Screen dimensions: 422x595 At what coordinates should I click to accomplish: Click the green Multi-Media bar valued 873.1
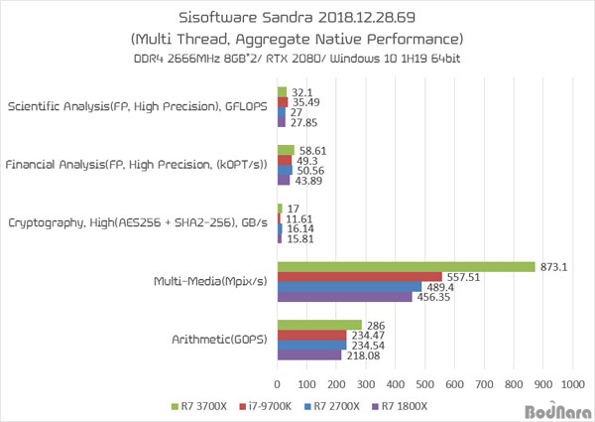pos(407,266)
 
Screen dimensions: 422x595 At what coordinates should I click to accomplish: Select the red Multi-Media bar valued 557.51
pos(359,276)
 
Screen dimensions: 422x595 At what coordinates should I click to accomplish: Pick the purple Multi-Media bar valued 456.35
pos(344,296)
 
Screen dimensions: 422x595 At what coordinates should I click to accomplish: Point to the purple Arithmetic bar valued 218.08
pos(309,354)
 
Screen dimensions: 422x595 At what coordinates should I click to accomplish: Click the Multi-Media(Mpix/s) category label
pos(213,282)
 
